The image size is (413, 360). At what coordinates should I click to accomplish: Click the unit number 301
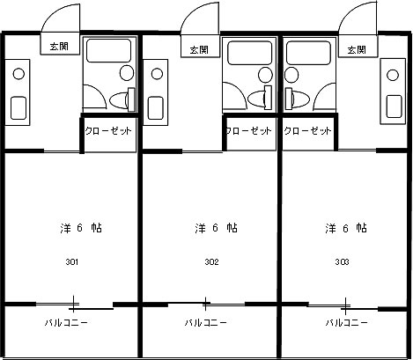tap(72, 261)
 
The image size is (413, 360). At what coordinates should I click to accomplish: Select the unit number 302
tap(211, 261)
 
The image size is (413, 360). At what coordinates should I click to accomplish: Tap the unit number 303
tap(342, 261)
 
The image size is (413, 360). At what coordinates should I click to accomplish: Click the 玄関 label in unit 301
tap(59, 47)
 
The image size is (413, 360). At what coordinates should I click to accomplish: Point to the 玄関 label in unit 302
tap(199, 49)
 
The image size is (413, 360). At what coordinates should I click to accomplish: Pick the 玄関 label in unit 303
tap(357, 49)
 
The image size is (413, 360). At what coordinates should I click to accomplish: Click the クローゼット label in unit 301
tap(108, 130)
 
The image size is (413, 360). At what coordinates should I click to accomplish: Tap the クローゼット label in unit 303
tap(307, 130)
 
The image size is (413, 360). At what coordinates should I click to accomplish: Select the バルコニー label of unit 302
tap(206, 323)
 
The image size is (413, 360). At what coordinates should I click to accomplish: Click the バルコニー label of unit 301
tap(66, 323)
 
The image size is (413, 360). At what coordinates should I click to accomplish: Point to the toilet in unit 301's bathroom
tap(122, 99)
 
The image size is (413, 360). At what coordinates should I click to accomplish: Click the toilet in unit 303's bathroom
tap(297, 97)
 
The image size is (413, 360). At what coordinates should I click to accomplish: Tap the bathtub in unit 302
tap(250, 53)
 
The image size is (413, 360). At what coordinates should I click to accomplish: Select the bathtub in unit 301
tap(108, 50)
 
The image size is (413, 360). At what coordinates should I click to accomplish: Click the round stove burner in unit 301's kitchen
tap(18, 74)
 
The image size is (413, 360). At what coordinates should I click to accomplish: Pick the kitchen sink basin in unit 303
tap(394, 107)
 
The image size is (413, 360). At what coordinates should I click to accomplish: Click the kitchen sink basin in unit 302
tap(155, 108)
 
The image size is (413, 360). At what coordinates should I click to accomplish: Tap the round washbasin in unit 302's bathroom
tap(265, 75)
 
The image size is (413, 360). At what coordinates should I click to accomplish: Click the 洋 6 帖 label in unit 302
tap(216, 228)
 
